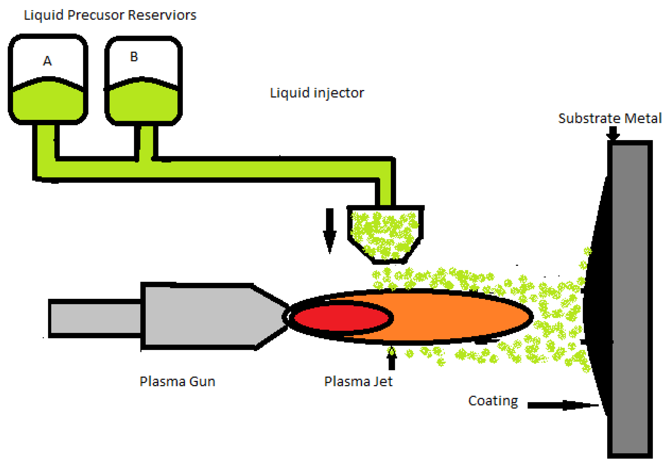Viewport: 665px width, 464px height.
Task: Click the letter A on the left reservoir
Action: (47, 61)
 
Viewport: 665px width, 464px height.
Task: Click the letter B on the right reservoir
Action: (134, 57)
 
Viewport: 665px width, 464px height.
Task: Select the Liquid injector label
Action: (317, 93)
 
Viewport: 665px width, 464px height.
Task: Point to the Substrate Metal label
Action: (610, 118)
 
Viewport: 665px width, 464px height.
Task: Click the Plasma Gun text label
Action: (177, 381)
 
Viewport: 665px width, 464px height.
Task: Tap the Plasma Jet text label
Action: (358, 381)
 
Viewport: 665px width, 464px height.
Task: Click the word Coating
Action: (493, 401)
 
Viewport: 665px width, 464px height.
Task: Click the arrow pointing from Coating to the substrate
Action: (562, 405)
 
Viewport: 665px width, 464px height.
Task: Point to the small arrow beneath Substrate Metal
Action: (613, 133)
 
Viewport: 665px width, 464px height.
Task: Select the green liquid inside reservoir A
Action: (48, 101)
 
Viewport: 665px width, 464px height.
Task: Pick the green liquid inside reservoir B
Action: (143, 103)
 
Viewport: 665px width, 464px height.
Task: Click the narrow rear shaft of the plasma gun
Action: (95, 318)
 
